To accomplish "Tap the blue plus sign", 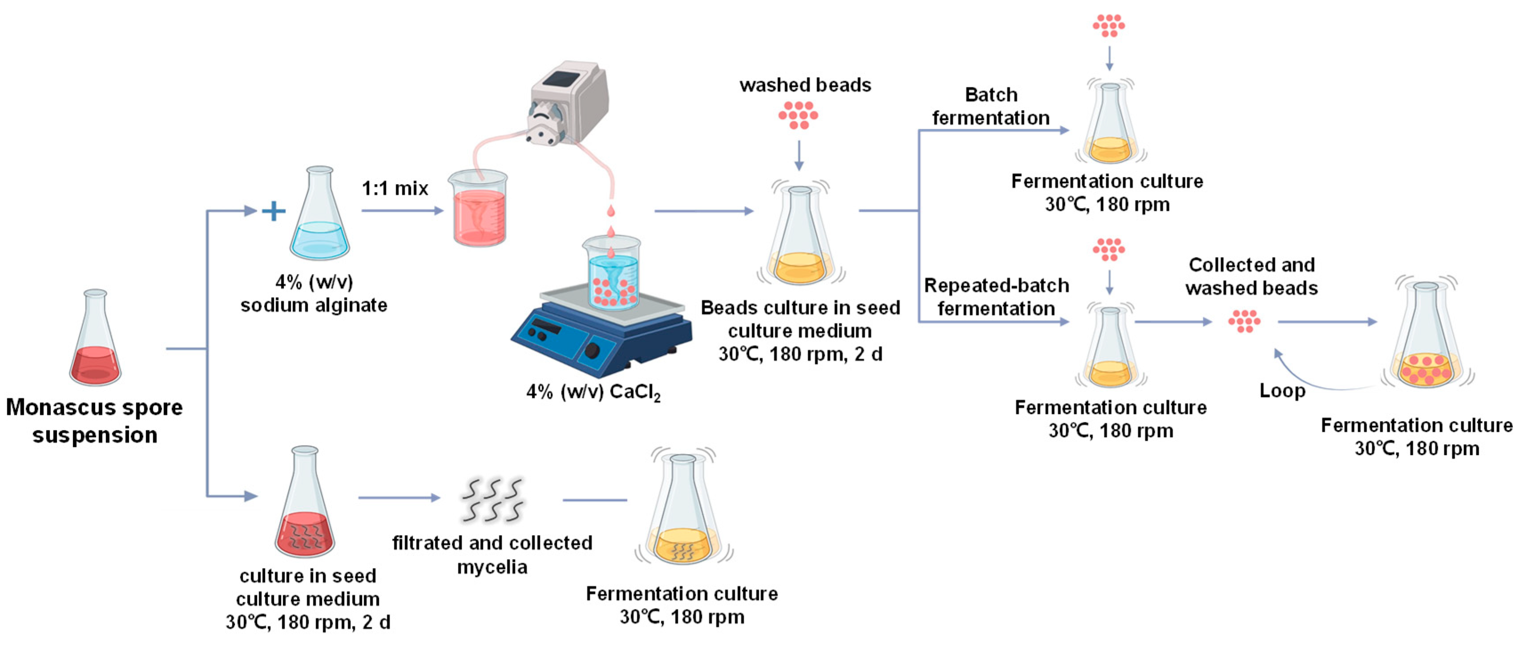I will click(273, 211).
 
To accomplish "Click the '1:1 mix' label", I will click(395, 189).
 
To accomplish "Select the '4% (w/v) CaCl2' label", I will click(593, 392).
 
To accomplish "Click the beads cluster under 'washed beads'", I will click(798, 115).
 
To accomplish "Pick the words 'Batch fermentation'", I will click(991, 106).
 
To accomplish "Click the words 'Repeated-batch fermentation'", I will click(996, 297).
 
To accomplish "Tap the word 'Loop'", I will click(1282, 391).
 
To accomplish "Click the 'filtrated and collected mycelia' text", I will click(492, 555).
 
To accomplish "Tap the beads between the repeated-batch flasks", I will click(1244, 322).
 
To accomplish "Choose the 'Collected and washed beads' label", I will click(1252, 276).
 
